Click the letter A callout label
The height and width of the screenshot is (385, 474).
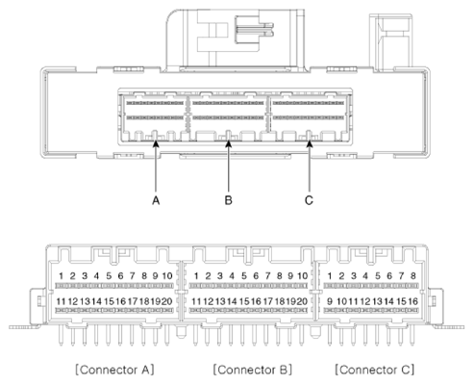point(154,201)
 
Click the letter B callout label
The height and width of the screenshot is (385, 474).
point(228,201)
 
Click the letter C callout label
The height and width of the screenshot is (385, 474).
point(309,201)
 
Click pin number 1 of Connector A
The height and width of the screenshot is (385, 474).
point(60,277)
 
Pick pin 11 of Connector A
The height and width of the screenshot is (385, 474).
point(61,302)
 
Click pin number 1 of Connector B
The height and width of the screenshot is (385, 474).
point(196,277)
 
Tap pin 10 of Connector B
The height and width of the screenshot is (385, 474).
point(302,277)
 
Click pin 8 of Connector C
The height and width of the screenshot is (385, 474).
point(412,277)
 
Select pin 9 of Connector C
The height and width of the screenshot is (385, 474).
point(330,302)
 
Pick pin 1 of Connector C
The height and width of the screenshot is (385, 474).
point(330,277)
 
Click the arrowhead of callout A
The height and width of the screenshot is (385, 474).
point(154,142)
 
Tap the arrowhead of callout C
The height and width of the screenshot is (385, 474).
point(309,142)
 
